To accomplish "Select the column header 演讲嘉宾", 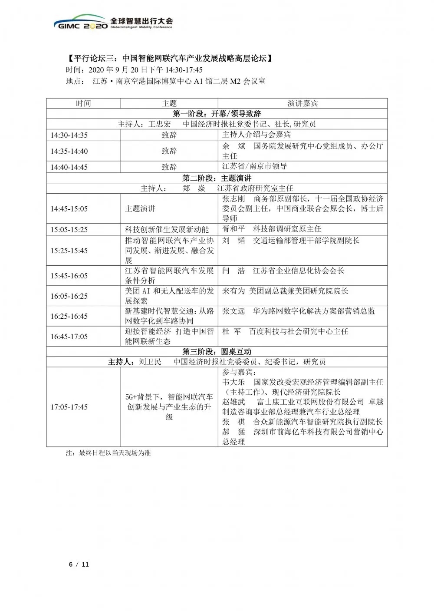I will coord(302,103).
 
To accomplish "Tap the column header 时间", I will coord(83,103).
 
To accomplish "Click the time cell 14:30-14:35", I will coord(69,135).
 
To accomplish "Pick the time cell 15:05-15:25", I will coord(69,229).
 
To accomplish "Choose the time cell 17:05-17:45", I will coord(69,407).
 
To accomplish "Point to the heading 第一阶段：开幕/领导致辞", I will coord(217,114).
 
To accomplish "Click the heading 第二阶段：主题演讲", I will coord(217,178).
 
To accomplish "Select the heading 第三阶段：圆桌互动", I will coord(217,351).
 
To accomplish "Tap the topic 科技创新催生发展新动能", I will coord(167,229).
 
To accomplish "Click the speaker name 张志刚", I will coord(233,199).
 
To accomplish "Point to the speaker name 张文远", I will coord(233,311).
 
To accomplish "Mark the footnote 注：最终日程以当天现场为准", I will coord(108,453).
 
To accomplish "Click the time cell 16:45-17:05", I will coord(69,337).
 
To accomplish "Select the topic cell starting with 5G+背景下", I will coord(169,407).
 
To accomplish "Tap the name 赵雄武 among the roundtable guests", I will coord(233,402).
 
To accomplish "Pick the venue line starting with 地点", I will coord(165,81).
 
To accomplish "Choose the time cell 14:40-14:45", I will coord(69,167).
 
